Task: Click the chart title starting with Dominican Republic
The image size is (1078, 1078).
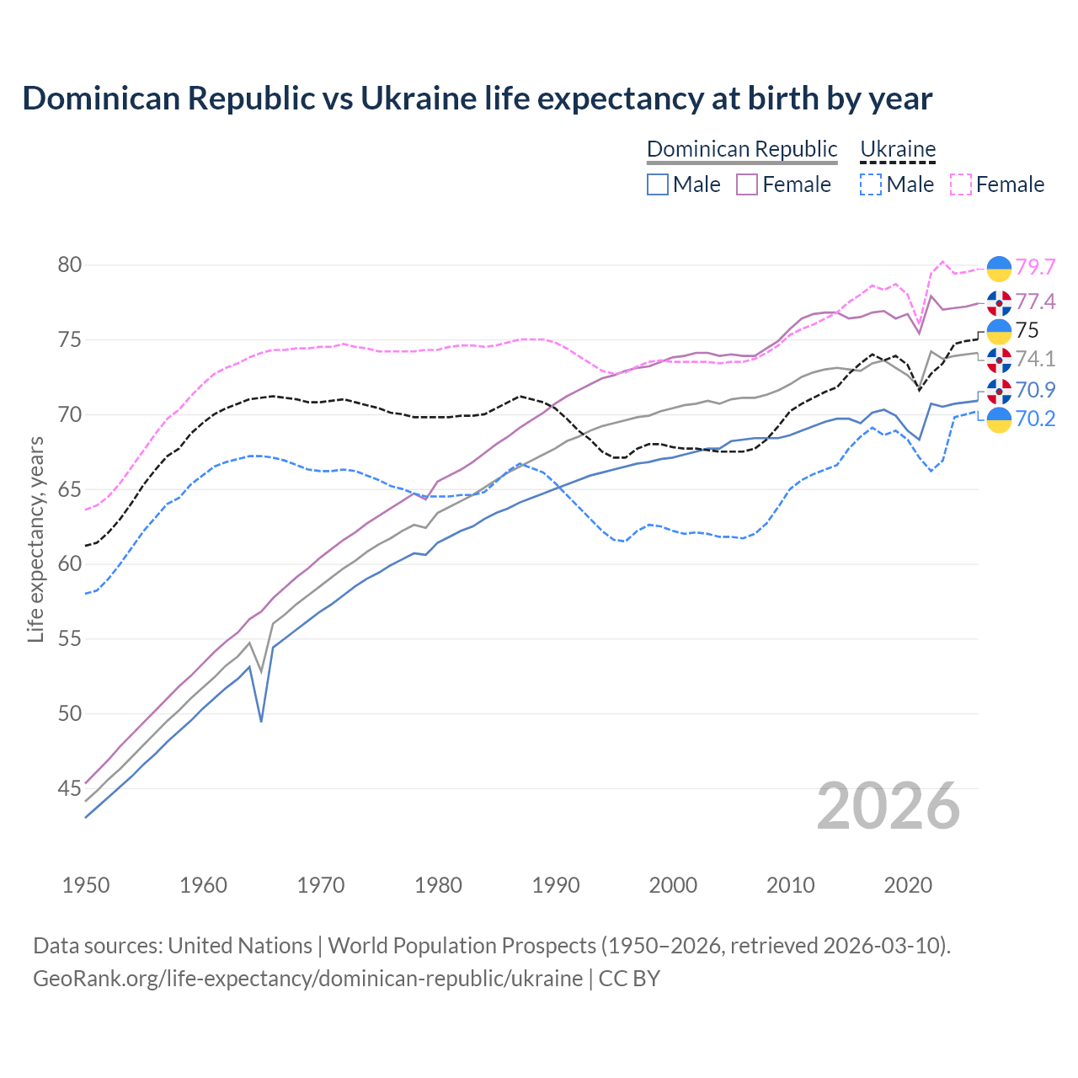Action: click(x=477, y=99)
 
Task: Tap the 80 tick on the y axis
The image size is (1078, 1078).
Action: click(x=70, y=265)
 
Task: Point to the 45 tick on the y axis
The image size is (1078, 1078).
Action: click(x=70, y=789)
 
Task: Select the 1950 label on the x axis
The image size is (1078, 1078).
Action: click(x=86, y=885)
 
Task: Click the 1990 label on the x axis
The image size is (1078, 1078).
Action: click(x=556, y=885)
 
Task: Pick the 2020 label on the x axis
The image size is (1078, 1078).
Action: click(x=908, y=885)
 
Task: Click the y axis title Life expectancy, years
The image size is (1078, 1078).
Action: click(x=35, y=539)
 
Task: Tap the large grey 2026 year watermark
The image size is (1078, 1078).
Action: click(x=888, y=806)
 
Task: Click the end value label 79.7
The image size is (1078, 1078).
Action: click(x=1035, y=268)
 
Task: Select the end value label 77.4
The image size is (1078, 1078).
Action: click(x=1035, y=302)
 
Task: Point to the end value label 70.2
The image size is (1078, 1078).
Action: click(x=1035, y=419)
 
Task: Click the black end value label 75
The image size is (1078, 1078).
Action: click(x=1027, y=330)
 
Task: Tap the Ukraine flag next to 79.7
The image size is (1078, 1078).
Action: click(x=999, y=268)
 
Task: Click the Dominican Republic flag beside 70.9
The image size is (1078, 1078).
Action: click(x=999, y=391)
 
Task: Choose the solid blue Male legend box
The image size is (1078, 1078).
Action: click(x=658, y=184)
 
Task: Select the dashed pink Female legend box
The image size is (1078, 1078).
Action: click(x=961, y=184)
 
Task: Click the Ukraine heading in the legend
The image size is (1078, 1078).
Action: click(x=898, y=149)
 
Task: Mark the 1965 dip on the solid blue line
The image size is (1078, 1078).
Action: click(x=261, y=721)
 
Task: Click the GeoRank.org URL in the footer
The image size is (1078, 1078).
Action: click(x=307, y=979)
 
